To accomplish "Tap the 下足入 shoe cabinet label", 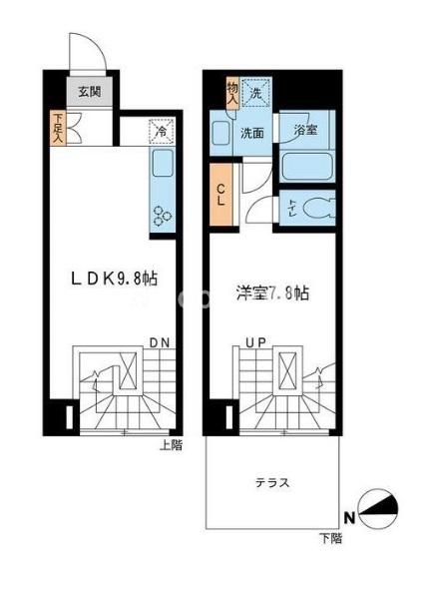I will [59, 130].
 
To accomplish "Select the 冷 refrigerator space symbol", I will [161, 131].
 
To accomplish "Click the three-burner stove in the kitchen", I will [161, 212].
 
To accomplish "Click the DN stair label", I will [159, 343].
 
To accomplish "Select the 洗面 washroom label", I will [251, 133].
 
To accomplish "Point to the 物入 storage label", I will [231, 93].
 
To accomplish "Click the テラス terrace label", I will [270, 483].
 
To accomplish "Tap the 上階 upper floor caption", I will [171, 446].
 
